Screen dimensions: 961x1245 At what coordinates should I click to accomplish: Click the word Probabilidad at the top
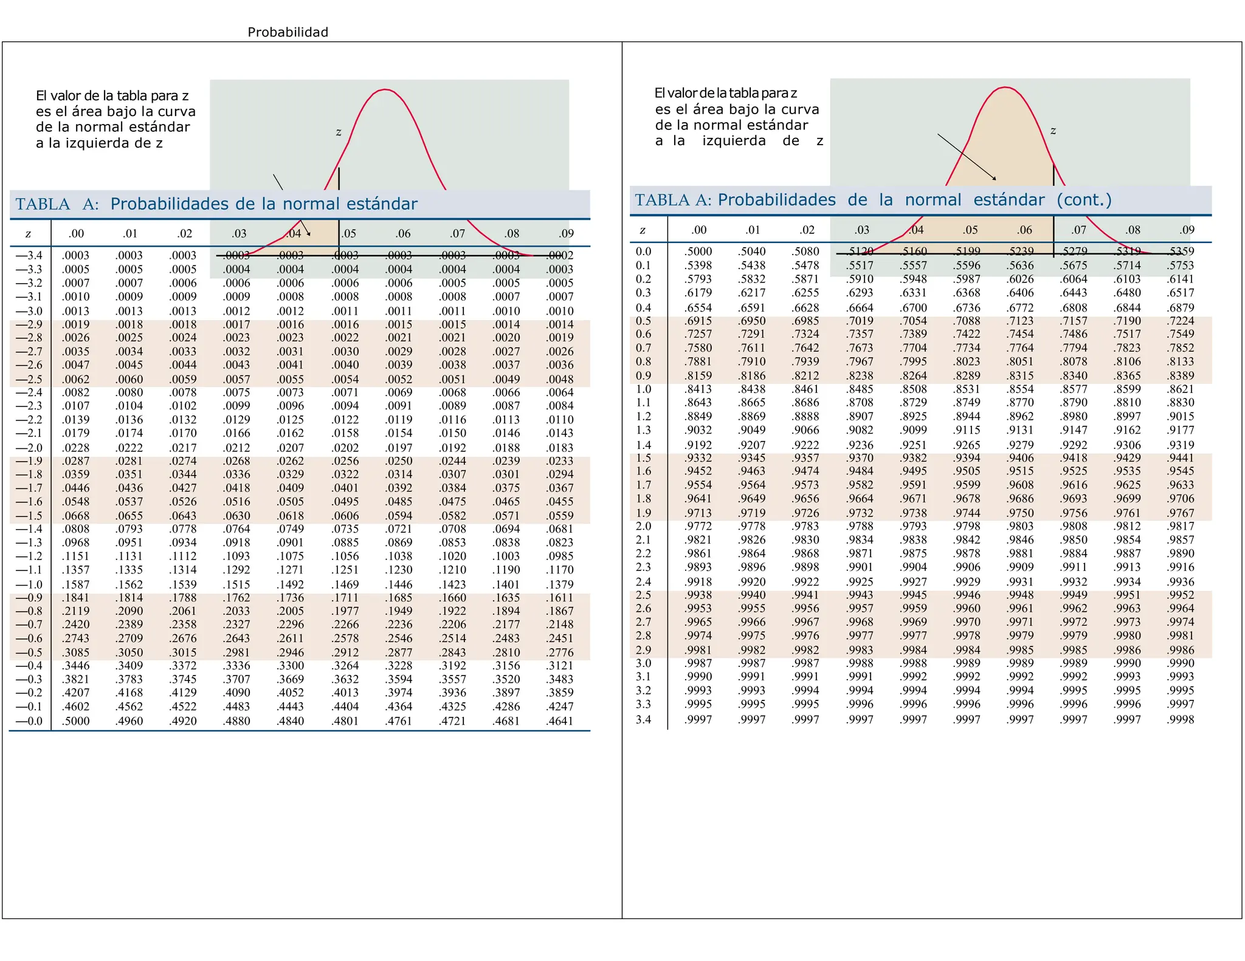click(x=288, y=32)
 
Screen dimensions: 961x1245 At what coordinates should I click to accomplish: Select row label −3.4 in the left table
click(x=29, y=256)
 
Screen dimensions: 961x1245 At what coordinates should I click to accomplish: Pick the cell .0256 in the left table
click(x=345, y=461)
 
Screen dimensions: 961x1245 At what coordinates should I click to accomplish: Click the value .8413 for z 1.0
click(x=698, y=389)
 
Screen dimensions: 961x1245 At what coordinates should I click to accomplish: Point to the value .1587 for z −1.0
click(x=76, y=584)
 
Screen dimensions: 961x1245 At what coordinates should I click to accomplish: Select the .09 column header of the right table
click(x=1187, y=230)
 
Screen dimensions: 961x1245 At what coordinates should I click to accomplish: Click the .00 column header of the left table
click(x=76, y=234)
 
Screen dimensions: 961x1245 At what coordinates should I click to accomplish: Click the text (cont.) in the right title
click(x=1084, y=200)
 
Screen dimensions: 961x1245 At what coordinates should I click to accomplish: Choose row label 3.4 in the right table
click(x=643, y=720)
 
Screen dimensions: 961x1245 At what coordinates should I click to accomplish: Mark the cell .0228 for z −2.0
click(x=76, y=448)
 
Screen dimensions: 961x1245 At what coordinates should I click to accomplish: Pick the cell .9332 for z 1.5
click(x=698, y=458)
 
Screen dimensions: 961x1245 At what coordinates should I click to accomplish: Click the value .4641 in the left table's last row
click(x=560, y=722)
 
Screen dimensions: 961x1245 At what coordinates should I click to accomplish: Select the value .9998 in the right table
click(x=1181, y=720)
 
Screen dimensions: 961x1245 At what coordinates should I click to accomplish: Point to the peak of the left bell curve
click(x=385, y=90)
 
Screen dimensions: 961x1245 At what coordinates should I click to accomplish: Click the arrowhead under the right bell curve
click(x=995, y=179)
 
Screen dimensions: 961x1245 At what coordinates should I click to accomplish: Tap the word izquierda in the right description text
click(x=734, y=141)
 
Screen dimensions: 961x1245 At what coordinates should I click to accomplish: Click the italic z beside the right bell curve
click(x=1053, y=131)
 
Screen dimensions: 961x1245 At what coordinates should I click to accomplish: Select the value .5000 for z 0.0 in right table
click(x=698, y=251)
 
